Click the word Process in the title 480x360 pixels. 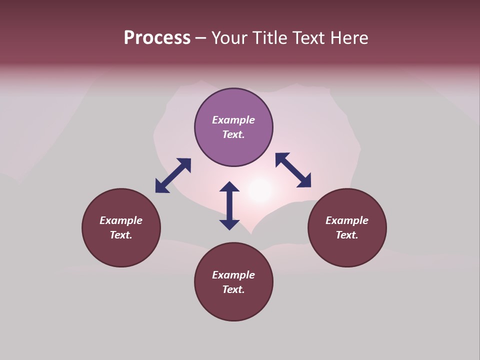pos(157,38)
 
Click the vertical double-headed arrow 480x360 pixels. pos(229,205)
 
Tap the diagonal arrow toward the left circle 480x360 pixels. pos(173,175)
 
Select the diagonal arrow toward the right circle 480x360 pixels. pos(293,170)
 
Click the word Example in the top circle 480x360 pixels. pos(233,120)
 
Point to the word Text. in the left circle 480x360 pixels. pos(121,235)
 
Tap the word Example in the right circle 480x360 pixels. pos(347,220)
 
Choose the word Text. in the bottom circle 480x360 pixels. pos(233,289)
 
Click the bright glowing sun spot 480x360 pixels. pos(260,190)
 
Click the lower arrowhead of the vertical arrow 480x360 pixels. pos(229,224)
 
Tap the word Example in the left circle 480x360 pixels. pos(121,220)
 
